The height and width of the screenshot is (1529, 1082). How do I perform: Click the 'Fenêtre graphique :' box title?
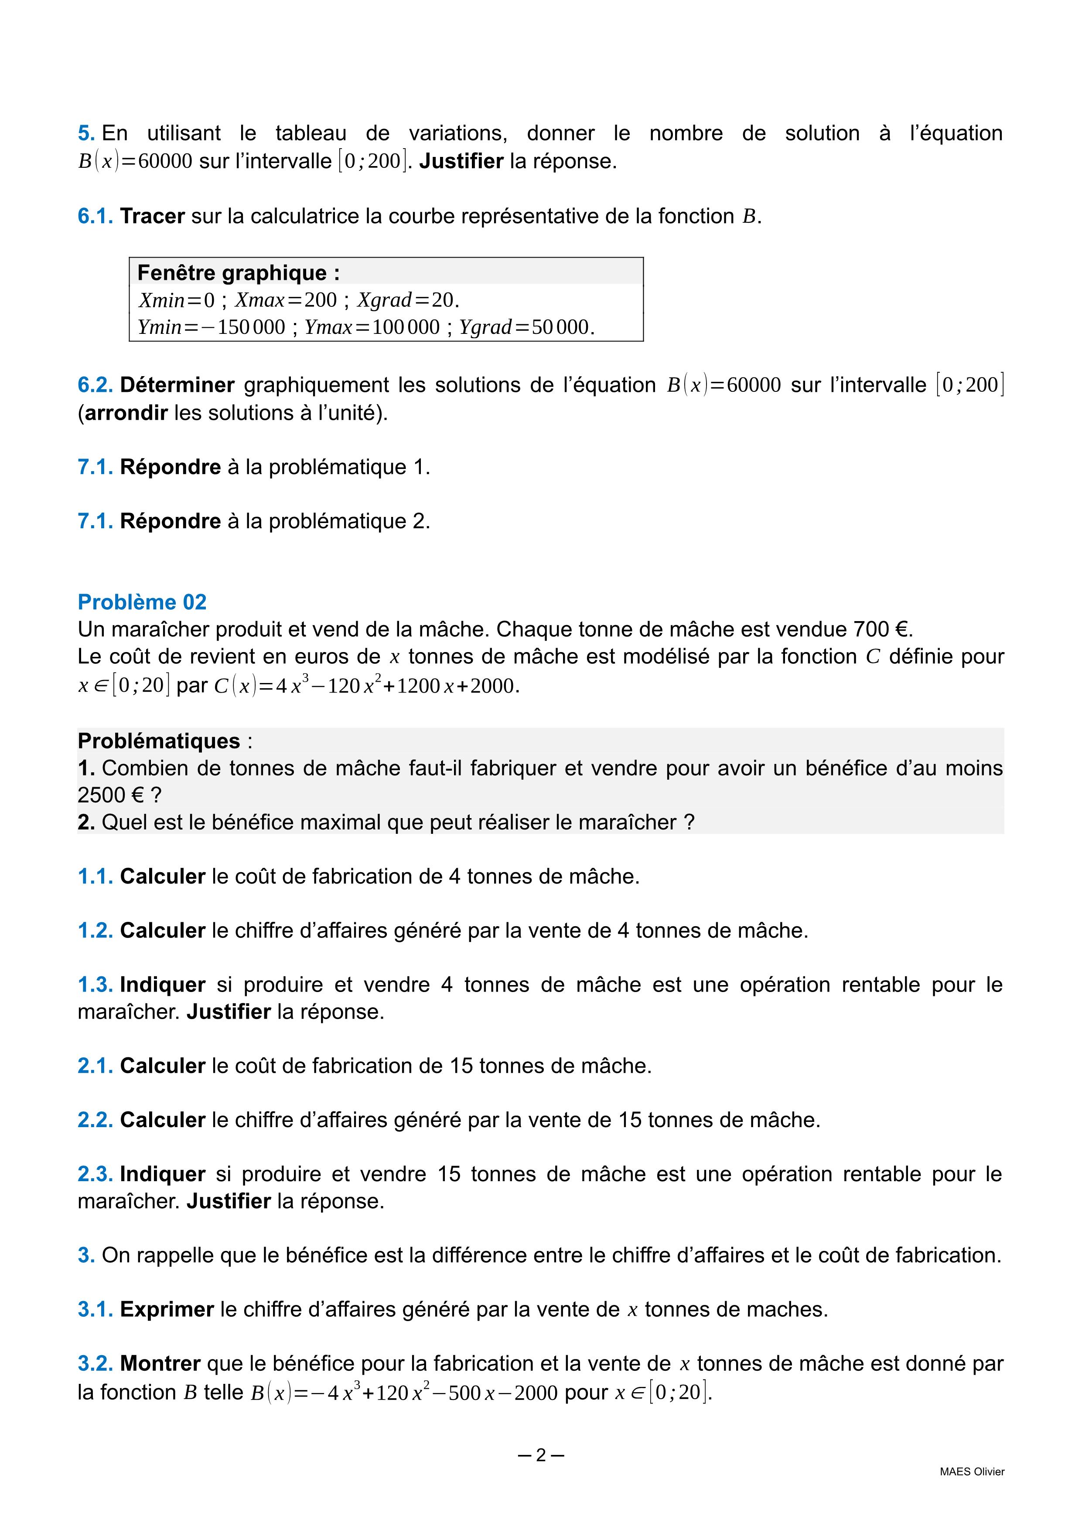tap(238, 273)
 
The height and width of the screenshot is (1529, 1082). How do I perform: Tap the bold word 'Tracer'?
tap(152, 217)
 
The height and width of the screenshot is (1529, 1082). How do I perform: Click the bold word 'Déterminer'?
tap(177, 385)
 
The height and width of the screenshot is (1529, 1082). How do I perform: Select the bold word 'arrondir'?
tap(126, 413)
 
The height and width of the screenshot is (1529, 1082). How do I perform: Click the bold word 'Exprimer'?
tap(167, 1309)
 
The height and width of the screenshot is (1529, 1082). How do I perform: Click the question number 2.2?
tap(95, 1120)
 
